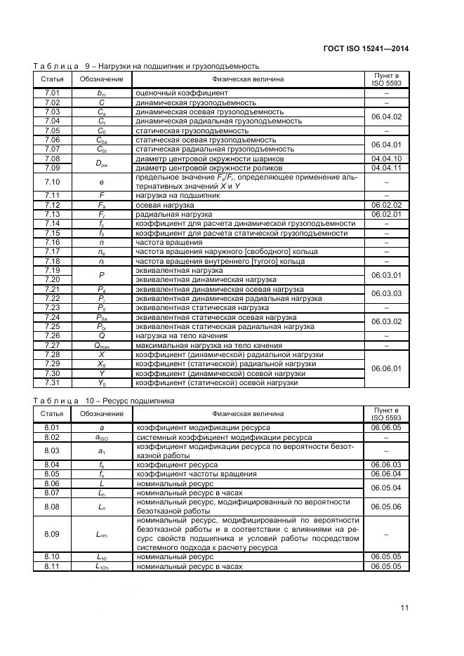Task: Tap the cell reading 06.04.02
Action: click(x=386, y=116)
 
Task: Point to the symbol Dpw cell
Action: click(x=101, y=163)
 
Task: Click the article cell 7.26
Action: click(x=52, y=335)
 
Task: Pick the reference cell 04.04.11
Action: click(x=386, y=168)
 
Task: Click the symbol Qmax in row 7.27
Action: click(x=101, y=345)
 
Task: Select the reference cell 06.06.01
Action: click(x=386, y=368)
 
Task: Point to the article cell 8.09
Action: click(x=52, y=534)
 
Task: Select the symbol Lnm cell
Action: click(x=101, y=534)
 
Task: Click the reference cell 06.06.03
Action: click(x=386, y=464)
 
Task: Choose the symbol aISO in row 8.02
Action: click(x=101, y=437)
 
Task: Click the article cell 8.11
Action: click(x=52, y=565)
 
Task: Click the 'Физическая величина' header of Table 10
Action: click(x=248, y=414)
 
